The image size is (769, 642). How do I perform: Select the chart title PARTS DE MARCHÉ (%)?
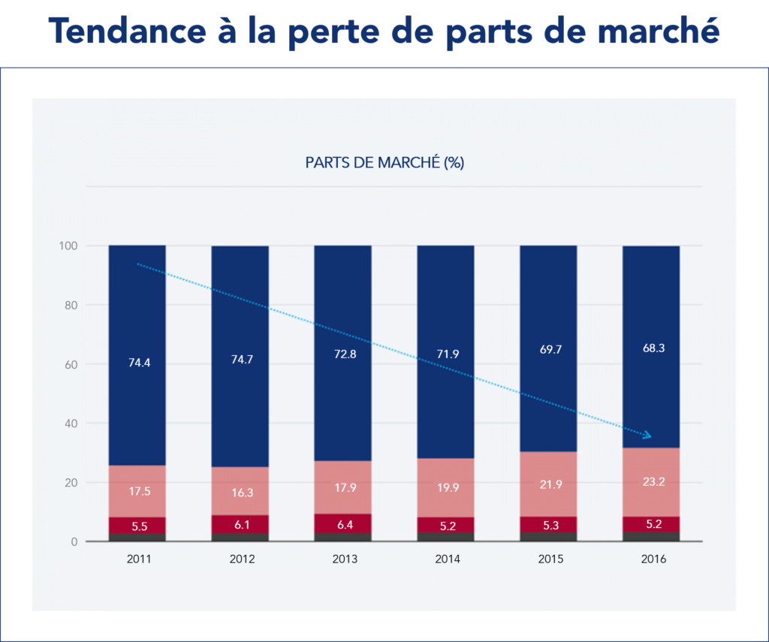coord(384,162)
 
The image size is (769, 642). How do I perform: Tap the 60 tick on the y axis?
coord(71,365)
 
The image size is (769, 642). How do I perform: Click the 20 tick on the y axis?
coord(71,483)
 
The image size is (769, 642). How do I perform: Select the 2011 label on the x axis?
coord(137,559)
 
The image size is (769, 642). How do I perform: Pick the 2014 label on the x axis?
coord(445,559)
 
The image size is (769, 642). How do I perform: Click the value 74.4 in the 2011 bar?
coord(137,362)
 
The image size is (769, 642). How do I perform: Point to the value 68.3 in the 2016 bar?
coord(651,348)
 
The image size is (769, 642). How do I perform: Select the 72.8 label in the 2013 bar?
coord(342,353)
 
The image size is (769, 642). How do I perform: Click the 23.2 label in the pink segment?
coord(651,482)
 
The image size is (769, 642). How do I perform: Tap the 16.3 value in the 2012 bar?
coord(240,492)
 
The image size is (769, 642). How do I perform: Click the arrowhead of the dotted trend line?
coord(647,436)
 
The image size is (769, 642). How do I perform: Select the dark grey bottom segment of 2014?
coord(445,537)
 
